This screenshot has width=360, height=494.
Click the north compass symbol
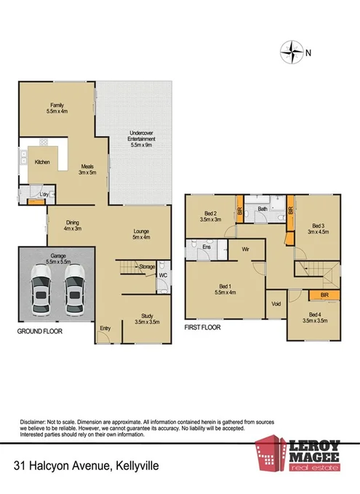tap(292, 52)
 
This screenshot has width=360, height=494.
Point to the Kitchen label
tap(42, 162)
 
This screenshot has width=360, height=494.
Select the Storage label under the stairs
tap(146, 267)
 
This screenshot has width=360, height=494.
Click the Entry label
tap(105, 328)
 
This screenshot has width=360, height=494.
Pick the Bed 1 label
tap(223, 288)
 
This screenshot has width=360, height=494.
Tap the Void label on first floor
tap(276, 303)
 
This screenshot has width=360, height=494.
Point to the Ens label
tap(207, 247)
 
